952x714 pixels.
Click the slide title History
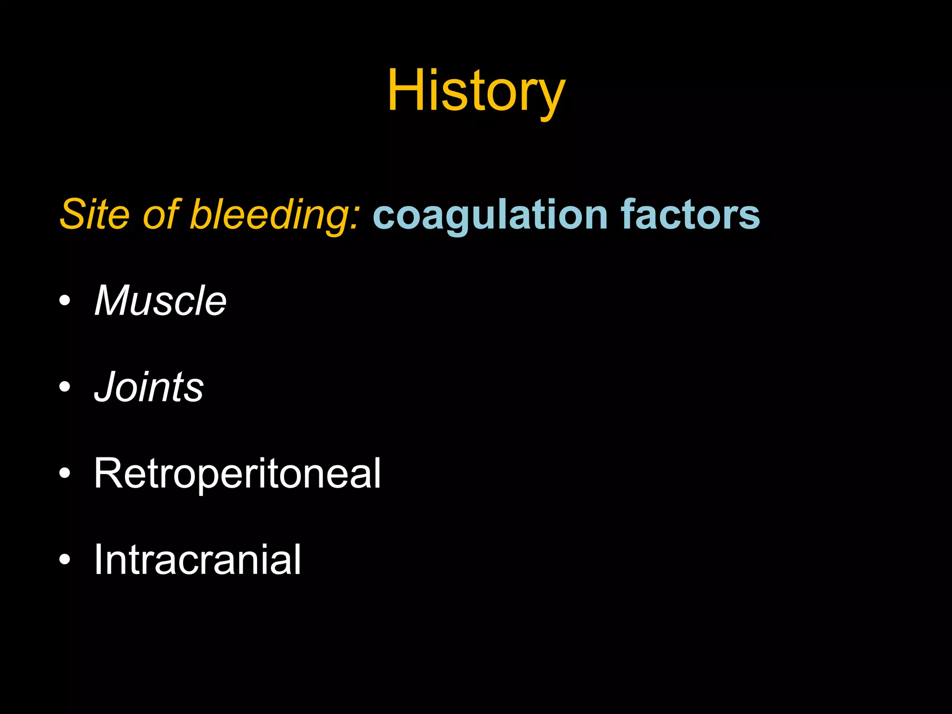tap(476, 91)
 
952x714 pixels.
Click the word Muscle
tap(160, 300)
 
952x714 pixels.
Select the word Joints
tap(149, 387)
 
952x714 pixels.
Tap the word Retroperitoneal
tap(237, 473)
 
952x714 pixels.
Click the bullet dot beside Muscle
tap(65, 300)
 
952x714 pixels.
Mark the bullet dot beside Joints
tap(65, 386)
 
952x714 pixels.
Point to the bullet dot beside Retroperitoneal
tap(65, 473)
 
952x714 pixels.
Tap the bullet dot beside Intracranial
tap(65, 559)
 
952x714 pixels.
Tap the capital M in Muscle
tap(114, 300)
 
